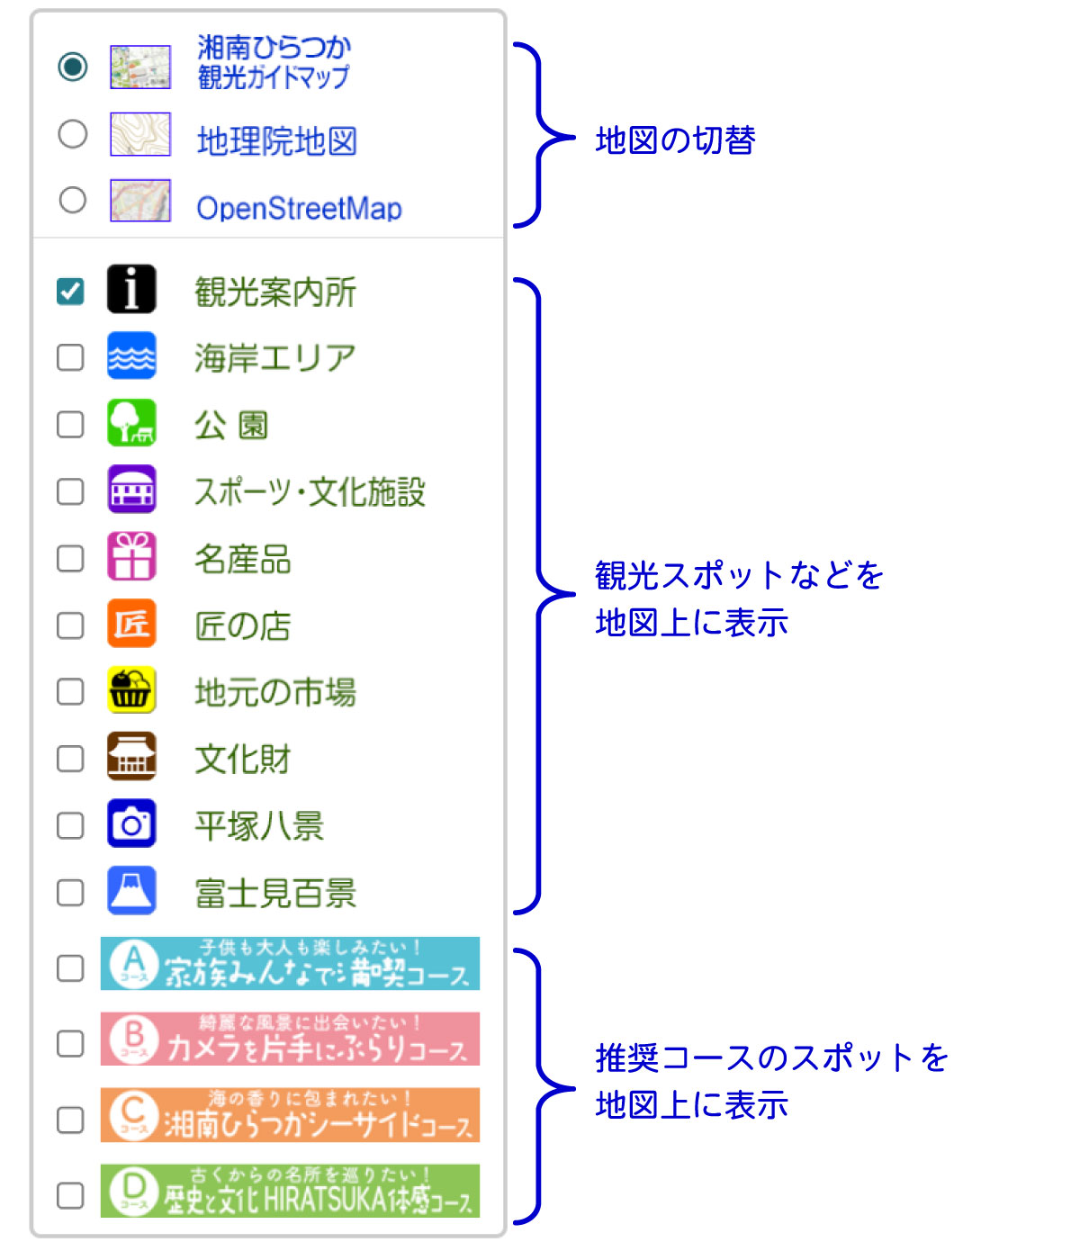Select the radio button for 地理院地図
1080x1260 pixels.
(72, 134)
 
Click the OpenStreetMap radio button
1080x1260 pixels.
(72, 200)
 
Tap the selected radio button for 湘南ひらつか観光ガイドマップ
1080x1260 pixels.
(72, 66)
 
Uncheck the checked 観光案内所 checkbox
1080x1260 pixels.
(70, 291)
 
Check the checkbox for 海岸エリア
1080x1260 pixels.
(70, 357)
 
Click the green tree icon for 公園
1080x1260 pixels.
(131, 423)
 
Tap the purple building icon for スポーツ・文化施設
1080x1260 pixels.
(131, 490)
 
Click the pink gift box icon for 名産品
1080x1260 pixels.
(131, 557)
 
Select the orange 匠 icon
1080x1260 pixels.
(131, 624)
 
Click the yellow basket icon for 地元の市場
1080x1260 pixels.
(131, 690)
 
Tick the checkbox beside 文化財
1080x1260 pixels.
(70, 759)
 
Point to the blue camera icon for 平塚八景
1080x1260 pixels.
(131, 824)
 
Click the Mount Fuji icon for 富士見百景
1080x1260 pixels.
(131, 891)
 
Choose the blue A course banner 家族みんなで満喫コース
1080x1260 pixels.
(290, 964)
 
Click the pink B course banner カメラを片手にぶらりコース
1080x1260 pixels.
(290, 1039)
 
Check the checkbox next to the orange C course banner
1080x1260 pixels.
(70, 1120)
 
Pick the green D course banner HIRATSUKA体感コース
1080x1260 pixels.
(290, 1191)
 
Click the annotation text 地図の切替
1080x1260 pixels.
(675, 140)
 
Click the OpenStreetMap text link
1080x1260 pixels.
(299, 208)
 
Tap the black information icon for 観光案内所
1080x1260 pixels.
(131, 290)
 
